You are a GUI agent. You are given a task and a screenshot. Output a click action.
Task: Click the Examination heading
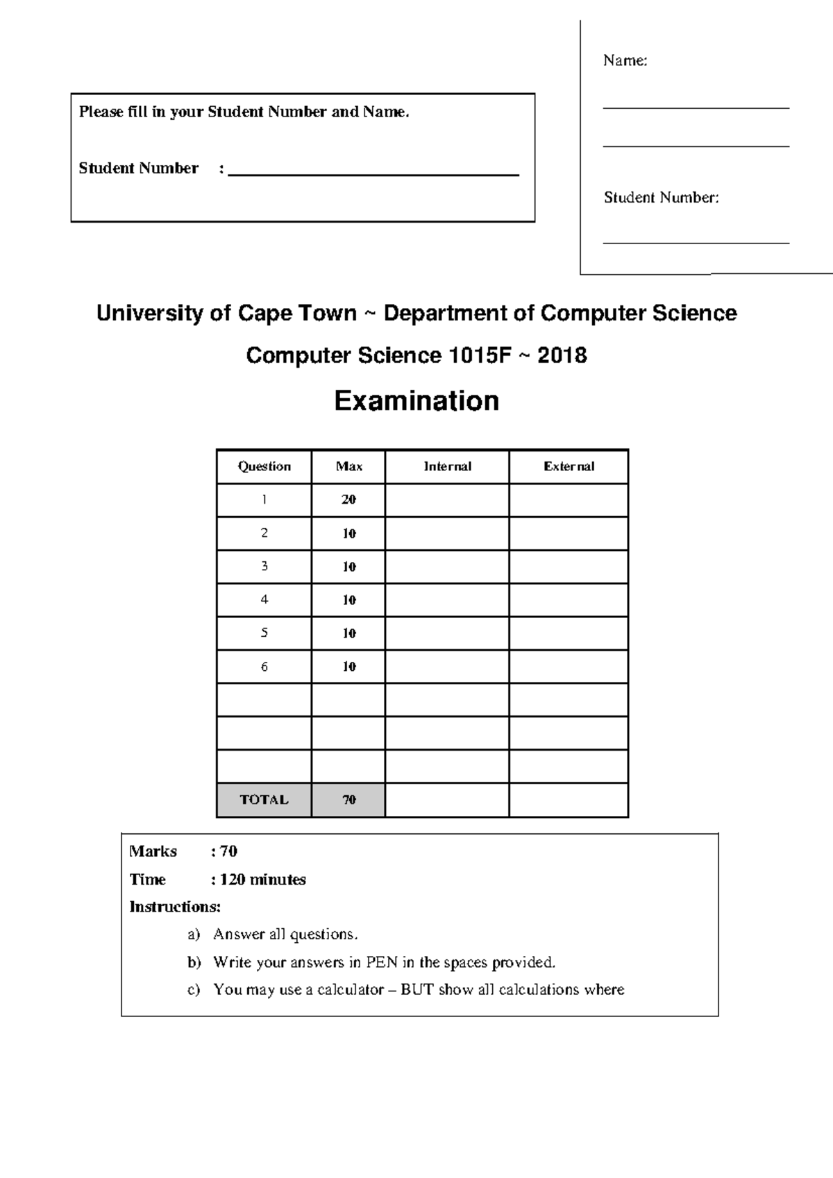pyautogui.click(x=416, y=401)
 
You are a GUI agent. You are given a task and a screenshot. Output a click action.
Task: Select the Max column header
pyautogui.click(x=348, y=467)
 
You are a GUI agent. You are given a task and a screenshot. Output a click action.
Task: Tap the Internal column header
pyautogui.click(x=447, y=467)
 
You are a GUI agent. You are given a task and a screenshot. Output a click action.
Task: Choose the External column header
pyautogui.click(x=569, y=467)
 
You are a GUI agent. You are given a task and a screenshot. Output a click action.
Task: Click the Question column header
pyautogui.click(x=264, y=467)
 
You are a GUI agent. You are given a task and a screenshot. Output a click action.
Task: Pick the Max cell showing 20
pyautogui.click(x=348, y=500)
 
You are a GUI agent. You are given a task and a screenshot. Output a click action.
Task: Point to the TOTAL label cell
pyautogui.click(x=264, y=800)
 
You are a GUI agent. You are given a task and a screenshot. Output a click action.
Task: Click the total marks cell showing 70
pyautogui.click(x=348, y=800)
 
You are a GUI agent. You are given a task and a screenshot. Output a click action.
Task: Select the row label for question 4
pyautogui.click(x=264, y=599)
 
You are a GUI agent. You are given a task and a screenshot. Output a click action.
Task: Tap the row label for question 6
pyautogui.click(x=264, y=667)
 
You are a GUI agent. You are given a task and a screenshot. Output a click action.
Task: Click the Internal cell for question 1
pyautogui.click(x=447, y=500)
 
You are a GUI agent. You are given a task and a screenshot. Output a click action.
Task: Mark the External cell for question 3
pyautogui.click(x=569, y=566)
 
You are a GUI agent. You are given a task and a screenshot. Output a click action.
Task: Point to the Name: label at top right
pyautogui.click(x=625, y=61)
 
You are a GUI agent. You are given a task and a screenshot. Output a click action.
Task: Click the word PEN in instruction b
pyautogui.click(x=382, y=962)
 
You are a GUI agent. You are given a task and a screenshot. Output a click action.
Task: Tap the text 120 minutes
pyautogui.click(x=262, y=880)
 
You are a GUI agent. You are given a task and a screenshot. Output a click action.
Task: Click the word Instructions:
pyautogui.click(x=175, y=907)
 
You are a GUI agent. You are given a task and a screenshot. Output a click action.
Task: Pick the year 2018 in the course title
pyautogui.click(x=562, y=356)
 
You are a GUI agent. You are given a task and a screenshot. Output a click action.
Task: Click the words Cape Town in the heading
pyautogui.click(x=297, y=314)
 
